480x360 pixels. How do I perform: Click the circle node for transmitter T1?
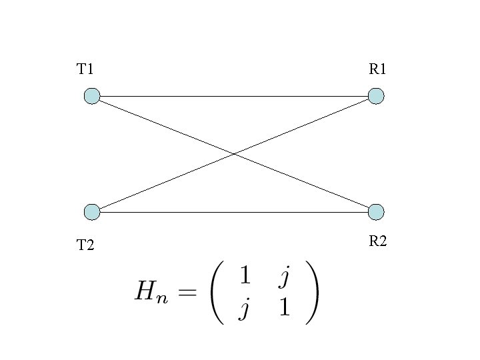tap(92, 96)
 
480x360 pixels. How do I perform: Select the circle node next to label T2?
tap(92, 212)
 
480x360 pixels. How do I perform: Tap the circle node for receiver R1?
tap(377, 96)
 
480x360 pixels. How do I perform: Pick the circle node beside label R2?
tap(377, 212)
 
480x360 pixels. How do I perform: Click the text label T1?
tap(85, 69)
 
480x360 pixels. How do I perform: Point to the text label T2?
tap(85, 246)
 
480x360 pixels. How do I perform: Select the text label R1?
tap(378, 69)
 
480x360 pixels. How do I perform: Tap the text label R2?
tap(378, 241)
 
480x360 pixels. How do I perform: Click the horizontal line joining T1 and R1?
tap(200, 96)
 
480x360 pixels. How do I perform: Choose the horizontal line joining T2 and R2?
tap(200, 212)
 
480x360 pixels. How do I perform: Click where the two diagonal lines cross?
tap(234, 154)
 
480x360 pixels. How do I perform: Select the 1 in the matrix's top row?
tap(245, 275)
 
